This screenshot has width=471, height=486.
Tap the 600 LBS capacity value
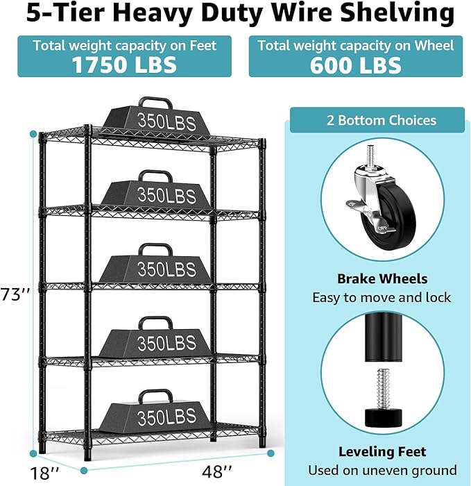click(356, 65)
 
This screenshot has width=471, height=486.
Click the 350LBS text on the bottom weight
click(166, 418)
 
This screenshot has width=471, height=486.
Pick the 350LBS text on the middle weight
click(166, 268)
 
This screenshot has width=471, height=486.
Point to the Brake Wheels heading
click(382, 279)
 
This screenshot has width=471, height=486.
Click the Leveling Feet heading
click(382, 452)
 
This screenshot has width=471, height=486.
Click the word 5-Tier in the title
click(55, 14)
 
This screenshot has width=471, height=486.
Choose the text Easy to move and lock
click(382, 298)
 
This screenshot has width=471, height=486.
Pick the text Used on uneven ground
click(382, 470)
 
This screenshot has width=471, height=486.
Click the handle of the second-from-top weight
click(155, 175)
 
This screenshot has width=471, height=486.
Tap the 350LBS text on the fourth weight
click(166, 343)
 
